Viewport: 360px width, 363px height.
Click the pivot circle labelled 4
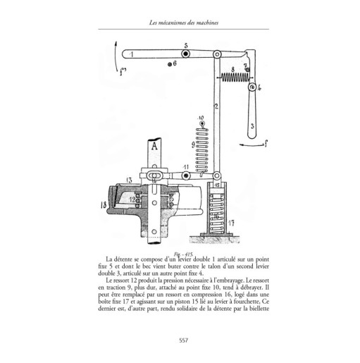pos(252,89)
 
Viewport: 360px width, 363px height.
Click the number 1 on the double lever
pos(132,54)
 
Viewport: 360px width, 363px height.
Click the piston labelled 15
pos(217,185)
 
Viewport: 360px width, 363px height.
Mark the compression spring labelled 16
pos(217,208)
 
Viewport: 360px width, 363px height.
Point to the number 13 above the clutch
pos(128,180)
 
